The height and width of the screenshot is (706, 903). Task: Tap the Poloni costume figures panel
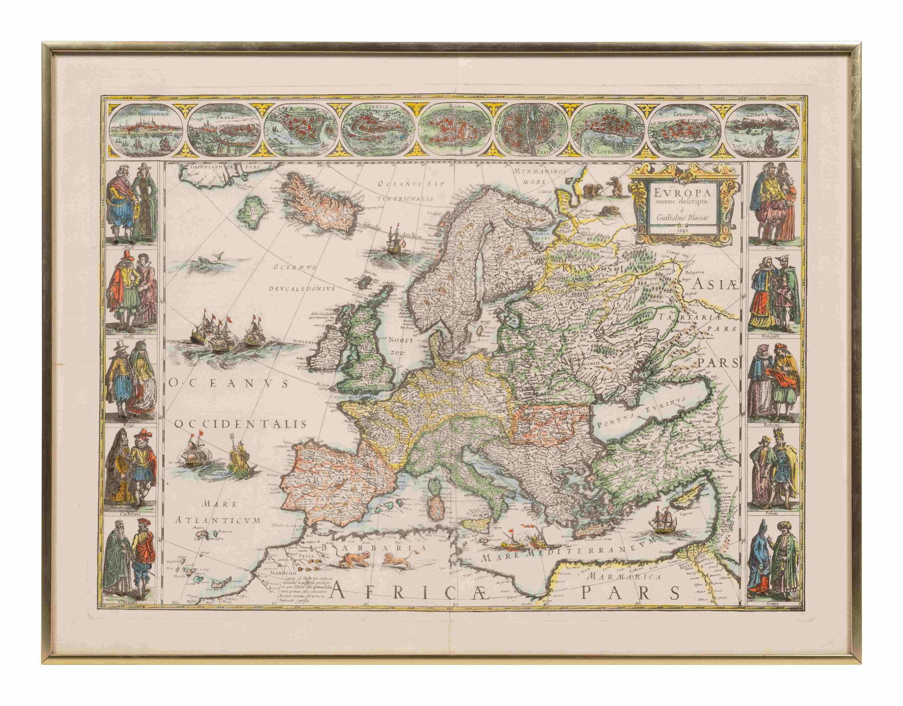773,471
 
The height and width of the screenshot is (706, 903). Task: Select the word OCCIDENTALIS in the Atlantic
240,424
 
